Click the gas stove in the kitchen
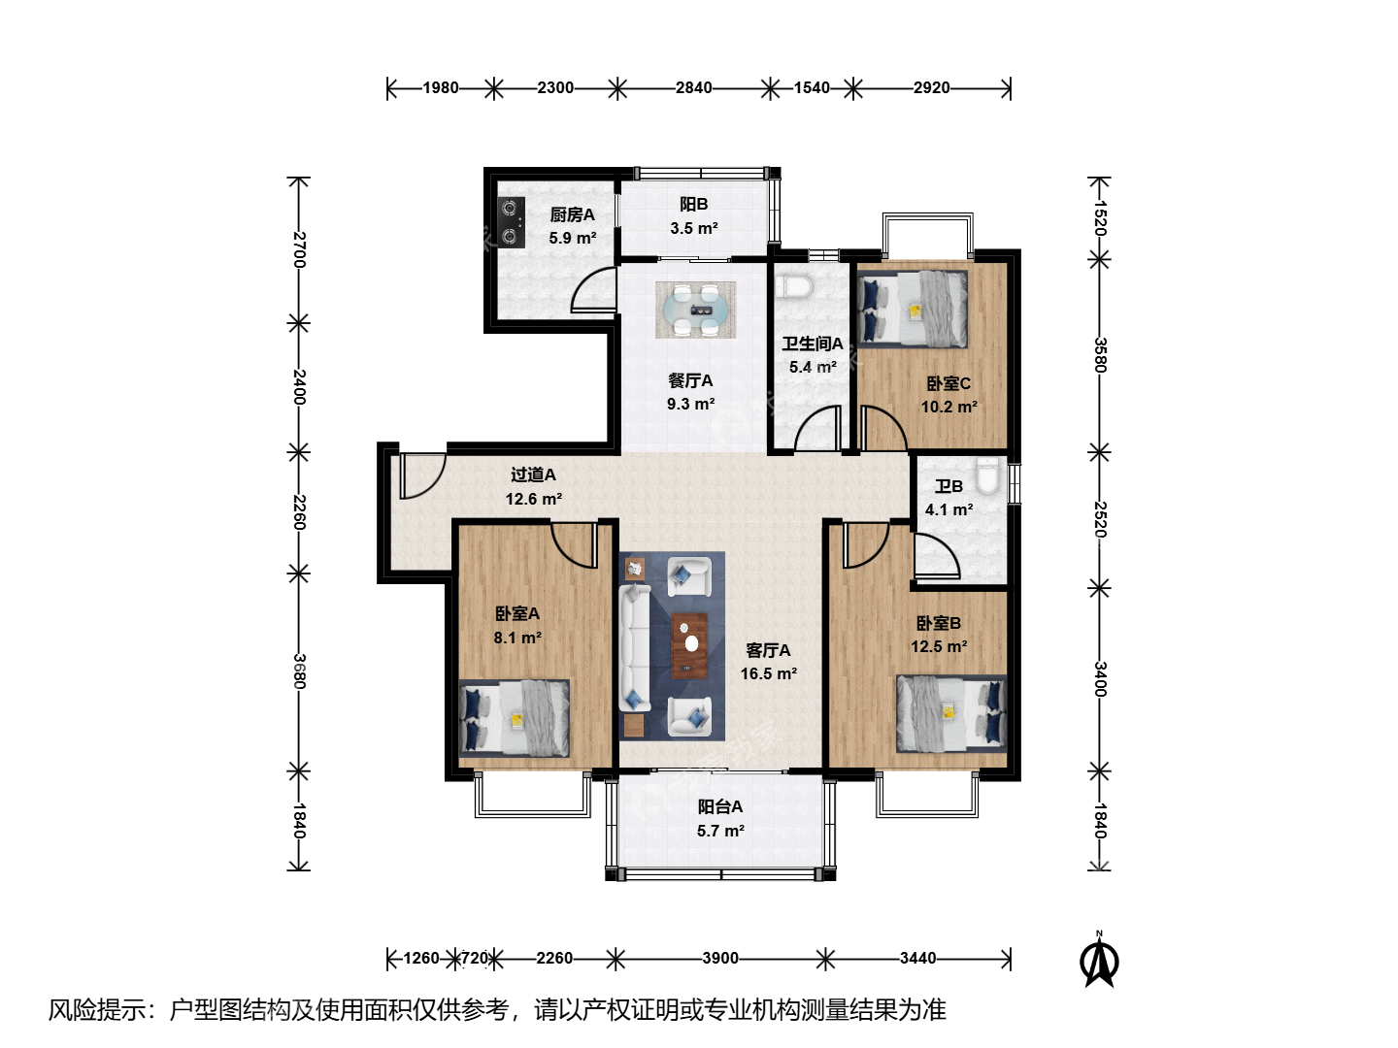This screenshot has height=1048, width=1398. (x=512, y=222)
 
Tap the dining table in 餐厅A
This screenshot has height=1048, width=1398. (x=695, y=310)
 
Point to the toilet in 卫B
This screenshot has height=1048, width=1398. (x=988, y=475)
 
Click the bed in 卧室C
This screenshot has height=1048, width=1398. (x=912, y=310)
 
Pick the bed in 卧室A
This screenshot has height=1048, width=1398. (x=514, y=718)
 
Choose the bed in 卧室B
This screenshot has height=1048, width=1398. (x=951, y=713)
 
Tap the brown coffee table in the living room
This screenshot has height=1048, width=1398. (x=689, y=645)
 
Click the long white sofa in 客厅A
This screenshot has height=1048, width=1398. (x=634, y=648)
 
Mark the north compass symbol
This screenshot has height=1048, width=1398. (x=1099, y=960)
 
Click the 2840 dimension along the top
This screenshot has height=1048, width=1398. (x=693, y=87)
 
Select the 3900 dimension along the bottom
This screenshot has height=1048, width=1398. (x=720, y=958)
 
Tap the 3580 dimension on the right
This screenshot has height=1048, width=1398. (x=1100, y=354)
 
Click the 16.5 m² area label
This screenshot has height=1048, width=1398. (x=769, y=673)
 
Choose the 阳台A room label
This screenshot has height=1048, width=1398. (x=720, y=806)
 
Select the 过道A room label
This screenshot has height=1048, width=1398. (x=533, y=475)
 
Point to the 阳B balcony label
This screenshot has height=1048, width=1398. (x=693, y=204)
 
